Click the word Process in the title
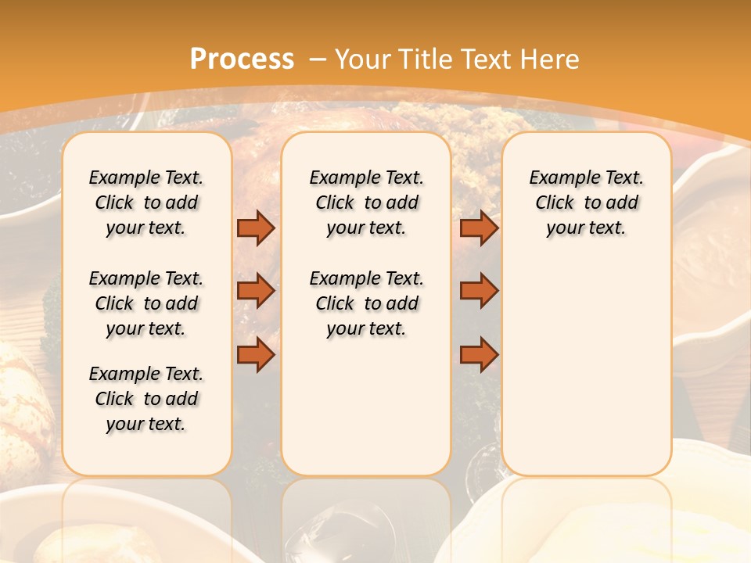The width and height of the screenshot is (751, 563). (x=242, y=59)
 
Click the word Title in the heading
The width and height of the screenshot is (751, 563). (x=427, y=59)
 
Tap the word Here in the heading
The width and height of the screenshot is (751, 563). (x=551, y=59)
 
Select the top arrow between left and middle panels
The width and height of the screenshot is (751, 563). (x=256, y=228)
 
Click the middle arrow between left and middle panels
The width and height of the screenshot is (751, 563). (x=256, y=291)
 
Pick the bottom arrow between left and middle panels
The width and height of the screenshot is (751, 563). (x=256, y=354)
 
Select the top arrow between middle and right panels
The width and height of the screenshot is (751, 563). (x=479, y=228)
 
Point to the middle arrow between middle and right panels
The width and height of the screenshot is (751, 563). (x=479, y=291)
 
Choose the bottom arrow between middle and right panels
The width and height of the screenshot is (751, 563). (x=479, y=354)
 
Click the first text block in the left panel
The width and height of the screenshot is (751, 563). (x=146, y=203)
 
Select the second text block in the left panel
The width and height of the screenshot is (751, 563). (x=146, y=303)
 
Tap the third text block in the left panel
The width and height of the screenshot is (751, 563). (x=146, y=399)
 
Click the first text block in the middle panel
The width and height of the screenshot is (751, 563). (x=366, y=203)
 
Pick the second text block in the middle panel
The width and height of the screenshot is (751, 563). (x=366, y=303)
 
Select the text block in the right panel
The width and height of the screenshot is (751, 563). (x=587, y=203)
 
